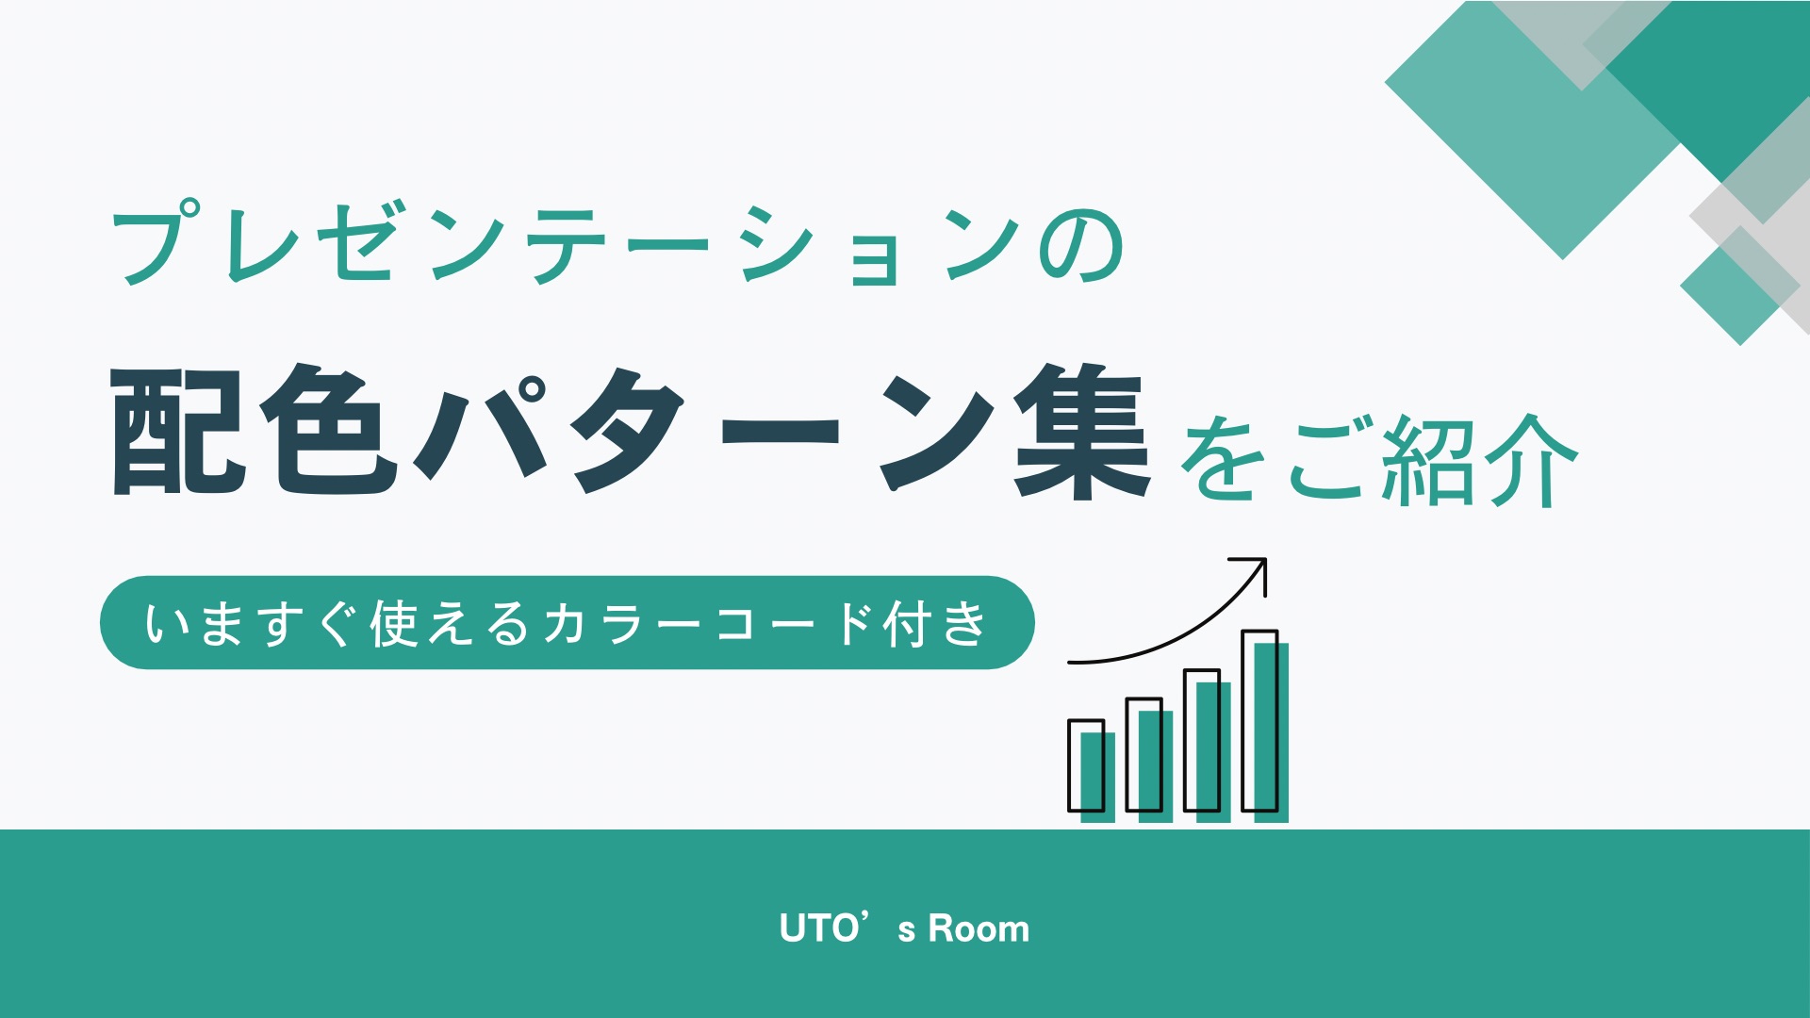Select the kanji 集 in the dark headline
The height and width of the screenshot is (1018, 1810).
pyautogui.click(x=1082, y=430)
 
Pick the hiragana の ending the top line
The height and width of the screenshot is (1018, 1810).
pyautogui.click(x=1081, y=247)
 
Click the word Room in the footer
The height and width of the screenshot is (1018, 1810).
pyautogui.click(x=979, y=929)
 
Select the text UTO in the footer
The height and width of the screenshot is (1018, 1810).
pyautogui.click(x=819, y=928)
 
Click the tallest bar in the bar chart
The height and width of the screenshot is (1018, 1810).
pyautogui.click(x=1266, y=726)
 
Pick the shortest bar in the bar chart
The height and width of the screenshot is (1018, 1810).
pyautogui.click(x=1092, y=771)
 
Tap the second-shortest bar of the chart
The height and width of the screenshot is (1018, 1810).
pyautogui.click(x=1150, y=760)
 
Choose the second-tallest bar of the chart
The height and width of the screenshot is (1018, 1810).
pyautogui.click(x=1208, y=746)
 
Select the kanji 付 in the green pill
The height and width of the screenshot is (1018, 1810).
pyautogui.click(x=906, y=624)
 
